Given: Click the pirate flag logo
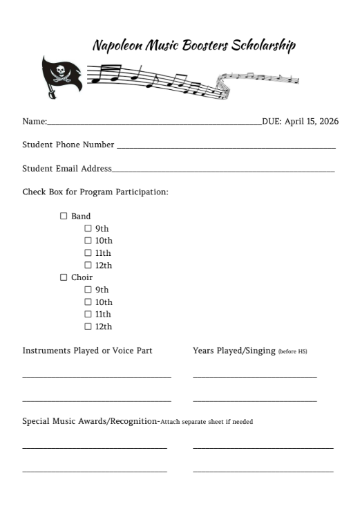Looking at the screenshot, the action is [61, 74].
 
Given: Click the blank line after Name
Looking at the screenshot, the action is [154, 123].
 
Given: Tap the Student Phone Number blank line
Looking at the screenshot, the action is [226, 147].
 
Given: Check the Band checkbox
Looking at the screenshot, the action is [64, 216].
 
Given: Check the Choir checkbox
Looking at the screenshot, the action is [64, 278].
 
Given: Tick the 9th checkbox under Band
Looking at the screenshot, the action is [88, 228].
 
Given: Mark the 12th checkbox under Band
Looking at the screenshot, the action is [88, 266].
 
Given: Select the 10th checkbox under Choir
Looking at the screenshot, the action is [88, 302].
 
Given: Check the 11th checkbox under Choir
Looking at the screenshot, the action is [88, 314].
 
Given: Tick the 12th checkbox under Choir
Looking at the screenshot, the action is [88, 326].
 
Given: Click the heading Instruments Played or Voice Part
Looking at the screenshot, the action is [87, 351].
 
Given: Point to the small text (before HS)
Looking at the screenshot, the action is [292, 352].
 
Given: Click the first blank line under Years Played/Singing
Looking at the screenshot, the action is [254, 376].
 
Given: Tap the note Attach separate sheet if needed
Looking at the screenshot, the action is [207, 422].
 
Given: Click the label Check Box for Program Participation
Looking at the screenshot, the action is [95, 192].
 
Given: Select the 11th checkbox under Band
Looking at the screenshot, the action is [88, 253].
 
